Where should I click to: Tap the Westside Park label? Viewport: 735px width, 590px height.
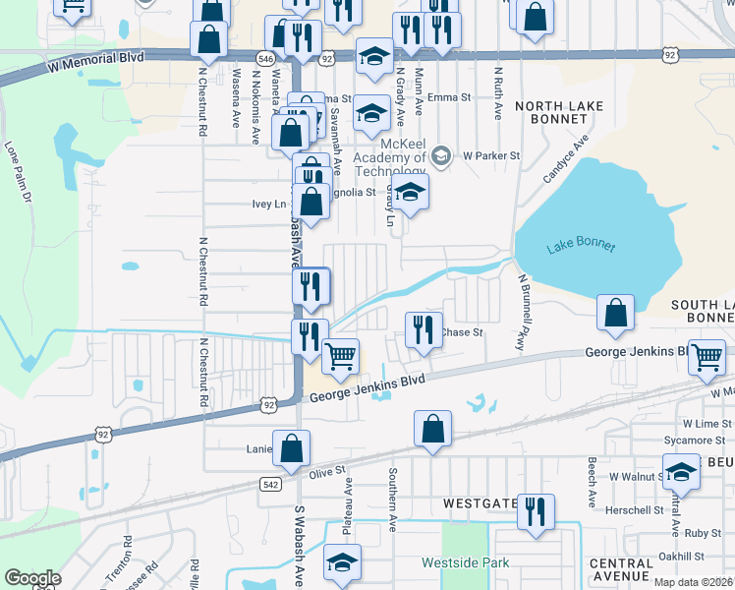pyautogui.click(x=466, y=563)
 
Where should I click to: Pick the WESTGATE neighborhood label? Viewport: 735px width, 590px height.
pyautogui.click(x=480, y=502)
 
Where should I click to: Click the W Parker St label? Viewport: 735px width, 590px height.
pyautogui.click(x=491, y=155)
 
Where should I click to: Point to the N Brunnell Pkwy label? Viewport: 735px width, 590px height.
pyautogui.click(x=523, y=313)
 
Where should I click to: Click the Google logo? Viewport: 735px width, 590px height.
pyautogui.click(x=32, y=578)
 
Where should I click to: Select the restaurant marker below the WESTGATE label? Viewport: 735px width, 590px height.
pyautogui.click(x=536, y=510)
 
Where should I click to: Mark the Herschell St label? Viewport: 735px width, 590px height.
pyautogui.click(x=634, y=509)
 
